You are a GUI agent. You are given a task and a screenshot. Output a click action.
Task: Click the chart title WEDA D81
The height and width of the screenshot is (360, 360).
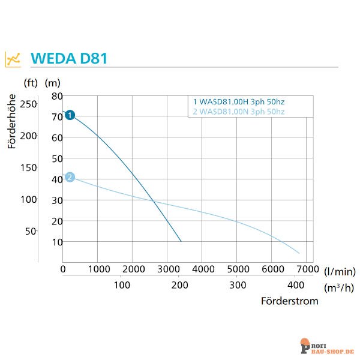click(69, 59)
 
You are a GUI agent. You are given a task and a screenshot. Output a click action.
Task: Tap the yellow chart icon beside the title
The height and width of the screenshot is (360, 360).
click(13, 59)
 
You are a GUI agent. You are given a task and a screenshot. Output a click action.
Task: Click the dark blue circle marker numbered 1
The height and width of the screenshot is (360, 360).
click(70, 115)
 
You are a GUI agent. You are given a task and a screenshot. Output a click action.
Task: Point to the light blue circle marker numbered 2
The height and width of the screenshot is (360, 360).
click(70, 177)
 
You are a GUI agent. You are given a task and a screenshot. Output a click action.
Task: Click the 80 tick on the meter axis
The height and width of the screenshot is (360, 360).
click(57, 96)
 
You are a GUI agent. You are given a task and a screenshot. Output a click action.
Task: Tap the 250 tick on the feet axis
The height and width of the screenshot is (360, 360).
click(28, 104)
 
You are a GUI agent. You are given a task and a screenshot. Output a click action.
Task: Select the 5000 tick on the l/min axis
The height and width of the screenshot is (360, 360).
click(238, 269)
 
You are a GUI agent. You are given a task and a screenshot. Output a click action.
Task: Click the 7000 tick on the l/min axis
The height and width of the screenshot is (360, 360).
click(308, 269)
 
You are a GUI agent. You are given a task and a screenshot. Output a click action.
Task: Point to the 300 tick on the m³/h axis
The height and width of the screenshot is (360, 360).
click(238, 285)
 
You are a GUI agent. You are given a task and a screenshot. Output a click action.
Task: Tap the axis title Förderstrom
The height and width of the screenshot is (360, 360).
click(289, 301)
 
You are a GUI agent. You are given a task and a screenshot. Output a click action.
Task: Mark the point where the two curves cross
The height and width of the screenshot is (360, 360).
click(153, 200)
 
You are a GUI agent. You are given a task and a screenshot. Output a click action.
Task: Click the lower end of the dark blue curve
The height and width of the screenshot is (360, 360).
click(181, 241)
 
